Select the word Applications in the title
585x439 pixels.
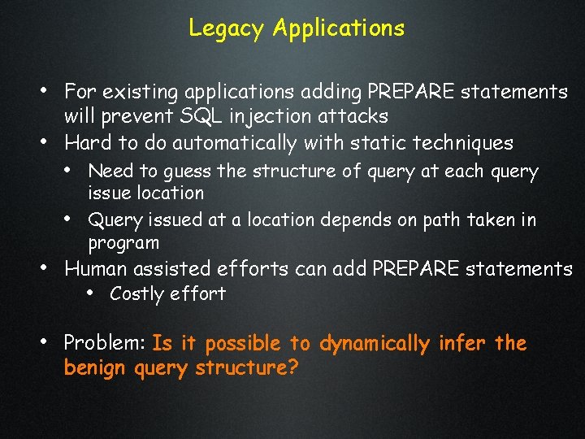tap(339, 28)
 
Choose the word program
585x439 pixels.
tap(123, 243)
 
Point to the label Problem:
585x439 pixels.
tap(105, 344)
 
